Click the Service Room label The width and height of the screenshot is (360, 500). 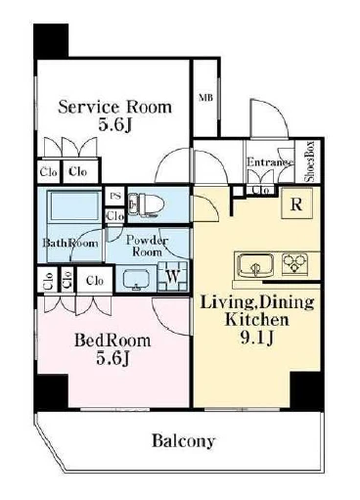pyautogui.click(x=114, y=108)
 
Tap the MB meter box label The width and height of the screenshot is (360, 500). pyautogui.click(x=205, y=98)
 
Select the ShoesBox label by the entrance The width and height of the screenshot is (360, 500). pyautogui.click(x=309, y=161)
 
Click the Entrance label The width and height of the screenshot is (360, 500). pyautogui.click(x=270, y=162)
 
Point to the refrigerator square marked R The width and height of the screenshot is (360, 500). pyautogui.click(x=296, y=204)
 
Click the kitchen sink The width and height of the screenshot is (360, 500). pyautogui.click(x=255, y=265)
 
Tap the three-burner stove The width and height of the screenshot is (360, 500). pyautogui.click(x=294, y=263)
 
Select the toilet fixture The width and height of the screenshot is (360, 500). pyautogui.click(x=146, y=205)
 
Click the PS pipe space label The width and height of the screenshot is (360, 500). pyautogui.click(x=114, y=196)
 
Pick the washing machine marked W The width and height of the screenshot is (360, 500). pyautogui.click(x=172, y=277)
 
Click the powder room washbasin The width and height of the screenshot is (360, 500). pyautogui.click(x=136, y=280)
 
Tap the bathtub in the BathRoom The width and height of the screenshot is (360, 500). pyautogui.click(x=74, y=206)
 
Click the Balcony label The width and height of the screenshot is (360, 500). pyautogui.click(x=184, y=441)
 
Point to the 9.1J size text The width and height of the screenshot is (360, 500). pyautogui.click(x=256, y=338)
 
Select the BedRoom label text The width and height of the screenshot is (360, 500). pyautogui.click(x=112, y=341)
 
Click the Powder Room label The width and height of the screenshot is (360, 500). pyautogui.click(x=146, y=246)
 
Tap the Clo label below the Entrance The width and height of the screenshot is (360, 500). pyautogui.click(x=261, y=190)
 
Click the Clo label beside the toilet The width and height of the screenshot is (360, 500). pyautogui.click(x=115, y=215)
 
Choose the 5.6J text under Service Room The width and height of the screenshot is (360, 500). pyautogui.click(x=114, y=125)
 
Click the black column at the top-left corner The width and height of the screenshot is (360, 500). pyautogui.click(x=51, y=41)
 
